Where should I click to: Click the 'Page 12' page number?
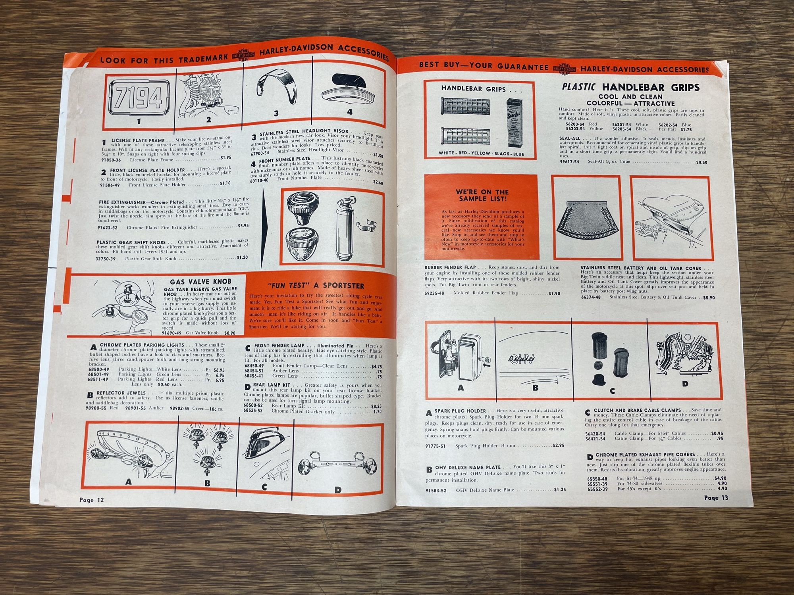(91, 500)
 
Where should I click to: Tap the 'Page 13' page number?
(716, 498)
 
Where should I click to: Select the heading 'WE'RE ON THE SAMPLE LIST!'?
(482, 195)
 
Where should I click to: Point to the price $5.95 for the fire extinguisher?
(243, 226)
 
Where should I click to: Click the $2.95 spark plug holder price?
(559, 445)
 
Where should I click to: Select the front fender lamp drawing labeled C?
(265, 452)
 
